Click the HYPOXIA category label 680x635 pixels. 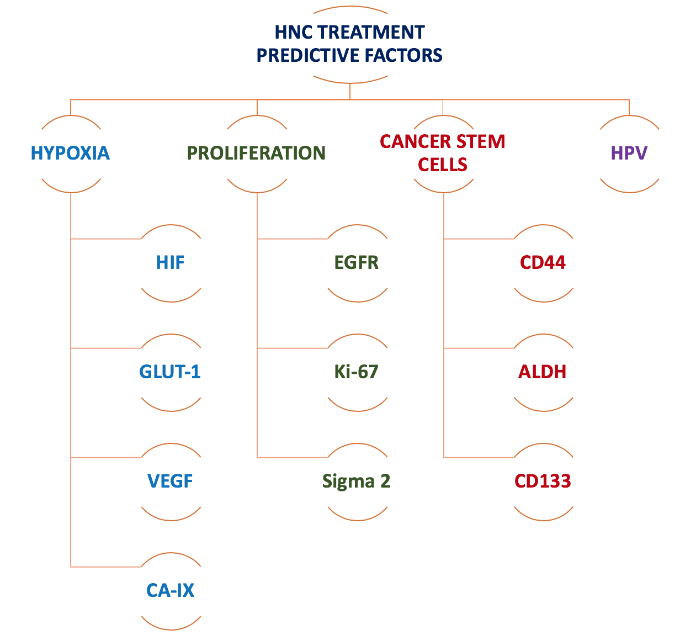pyautogui.click(x=70, y=153)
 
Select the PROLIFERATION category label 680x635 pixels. pyautogui.click(x=257, y=153)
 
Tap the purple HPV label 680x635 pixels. pyautogui.click(x=629, y=153)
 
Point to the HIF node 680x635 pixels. pyautogui.click(x=170, y=262)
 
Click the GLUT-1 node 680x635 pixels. pyautogui.click(x=170, y=372)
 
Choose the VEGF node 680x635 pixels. pyautogui.click(x=170, y=481)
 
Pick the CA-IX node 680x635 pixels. pyautogui.click(x=170, y=590)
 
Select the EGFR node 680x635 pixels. pyautogui.click(x=357, y=262)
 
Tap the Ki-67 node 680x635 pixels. pyautogui.click(x=357, y=372)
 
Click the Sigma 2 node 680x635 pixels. pyautogui.click(x=357, y=481)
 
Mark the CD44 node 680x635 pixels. pyautogui.click(x=543, y=262)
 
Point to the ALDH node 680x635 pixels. pyautogui.click(x=543, y=372)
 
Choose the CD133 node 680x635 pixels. pyautogui.click(x=543, y=481)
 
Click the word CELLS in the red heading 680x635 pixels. pyautogui.click(x=443, y=165)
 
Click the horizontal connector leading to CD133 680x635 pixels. pyautogui.click(x=479, y=457)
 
